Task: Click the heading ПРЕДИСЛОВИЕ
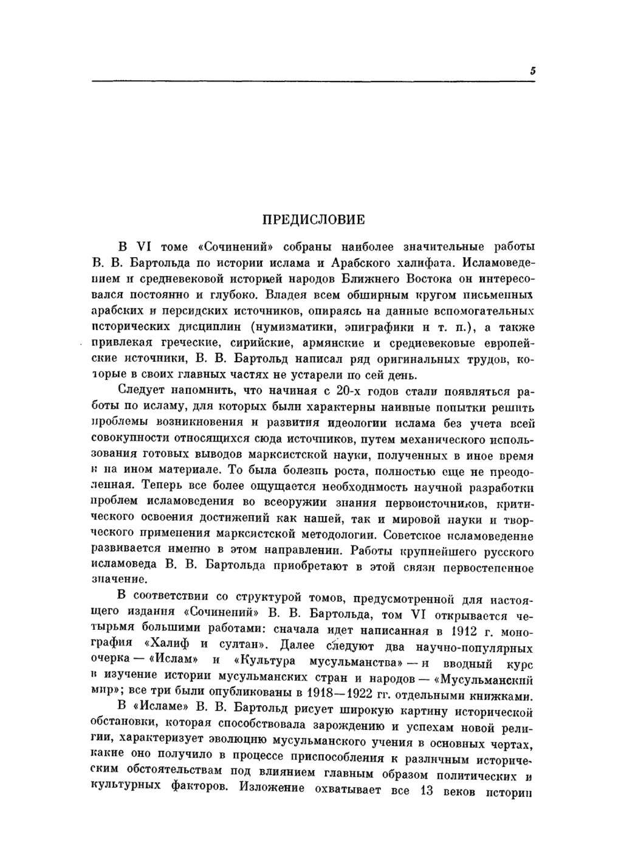(313, 219)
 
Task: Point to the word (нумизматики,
(291, 328)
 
